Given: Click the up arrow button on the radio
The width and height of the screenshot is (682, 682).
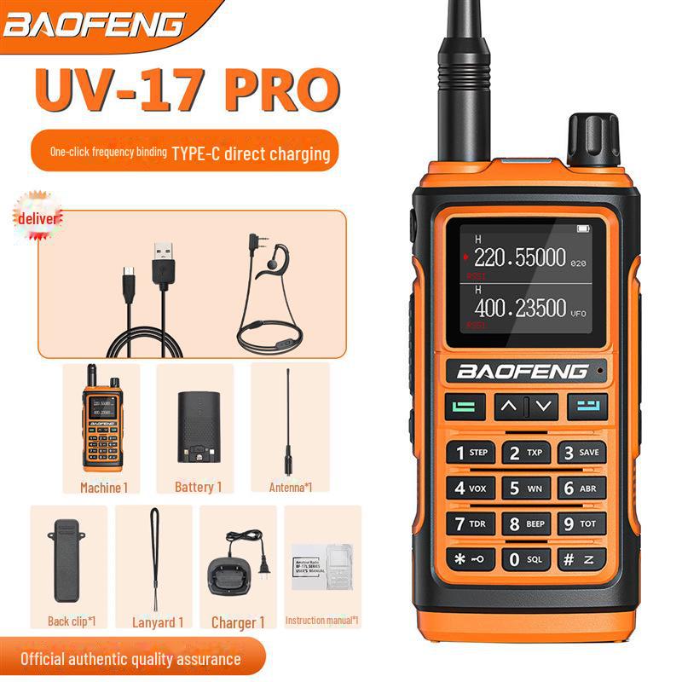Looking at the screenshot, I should [x=509, y=407].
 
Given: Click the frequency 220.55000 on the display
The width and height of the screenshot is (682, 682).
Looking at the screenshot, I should [x=519, y=257].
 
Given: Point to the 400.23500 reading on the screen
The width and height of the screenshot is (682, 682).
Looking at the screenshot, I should [x=519, y=309].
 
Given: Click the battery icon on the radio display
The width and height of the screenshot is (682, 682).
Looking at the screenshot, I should [x=583, y=228].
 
